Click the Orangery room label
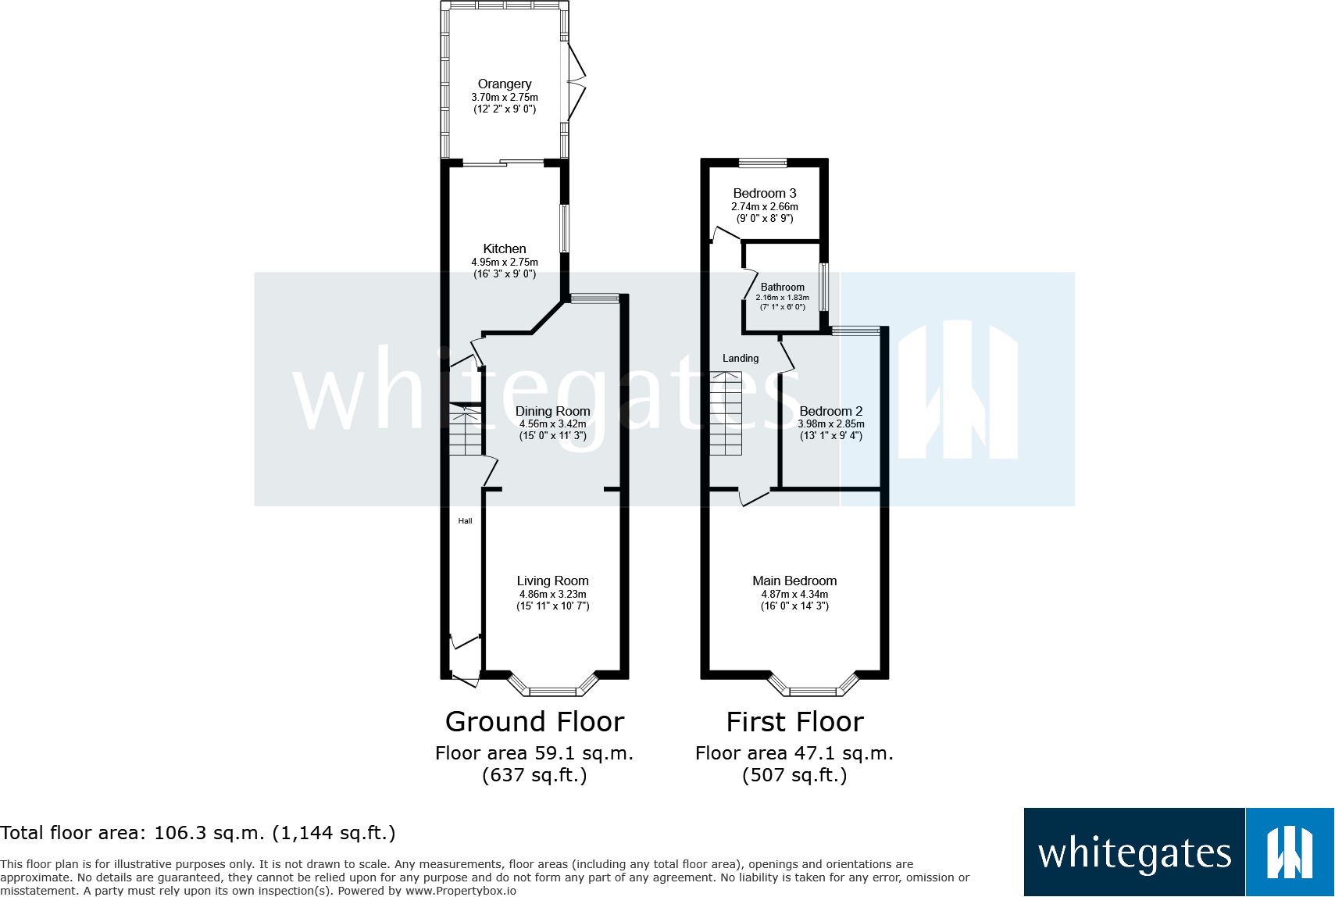point(505,84)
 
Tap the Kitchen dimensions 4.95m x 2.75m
point(505,263)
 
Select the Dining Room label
point(552,411)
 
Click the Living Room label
point(552,581)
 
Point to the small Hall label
point(465,521)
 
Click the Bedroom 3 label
point(765,193)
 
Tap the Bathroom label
point(782,287)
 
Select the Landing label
point(741,358)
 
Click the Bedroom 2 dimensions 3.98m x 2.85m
point(831,424)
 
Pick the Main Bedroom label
point(794,581)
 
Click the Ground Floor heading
point(534,722)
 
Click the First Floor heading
point(794,722)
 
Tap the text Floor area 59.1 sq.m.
point(534,753)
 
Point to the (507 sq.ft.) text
point(794,775)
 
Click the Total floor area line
point(198,833)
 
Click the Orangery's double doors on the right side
point(576,81)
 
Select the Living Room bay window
point(553,688)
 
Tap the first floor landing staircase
point(726,414)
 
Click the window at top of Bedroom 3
point(763,163)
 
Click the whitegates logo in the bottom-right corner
point(1178,852)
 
